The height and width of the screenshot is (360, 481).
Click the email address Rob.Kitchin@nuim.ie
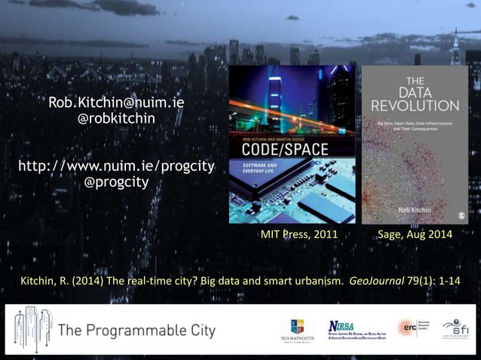point(116,102)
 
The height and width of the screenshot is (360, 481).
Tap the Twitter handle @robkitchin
point(116,118)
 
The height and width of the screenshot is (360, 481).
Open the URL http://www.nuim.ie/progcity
point(116,166)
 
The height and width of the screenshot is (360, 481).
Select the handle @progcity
point(116,182)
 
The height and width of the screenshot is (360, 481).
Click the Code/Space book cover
point(292,144)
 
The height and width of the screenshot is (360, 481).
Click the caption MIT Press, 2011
point(299,236)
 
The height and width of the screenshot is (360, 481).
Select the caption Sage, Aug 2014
point(415,236)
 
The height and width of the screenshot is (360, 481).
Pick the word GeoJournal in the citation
point(381,282)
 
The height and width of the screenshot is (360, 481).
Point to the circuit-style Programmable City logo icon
point(31,328)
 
